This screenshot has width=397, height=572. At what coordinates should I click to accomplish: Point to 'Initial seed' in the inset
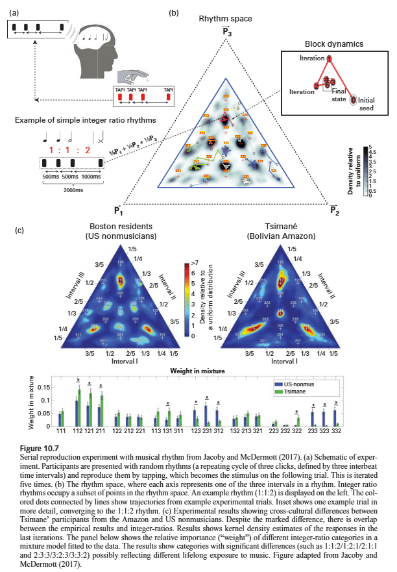(367, 105)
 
